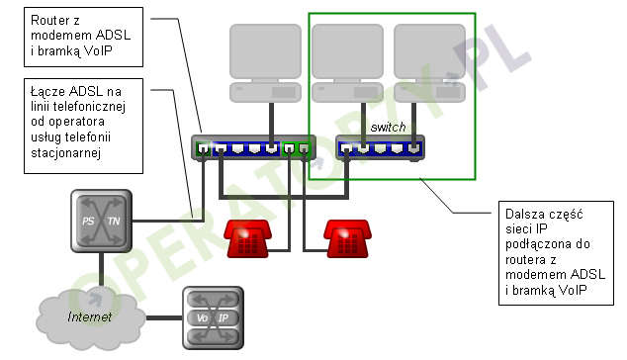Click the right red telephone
point(347,238)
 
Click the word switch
point(388,129)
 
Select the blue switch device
point(380,148)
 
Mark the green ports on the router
point(297,149)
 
